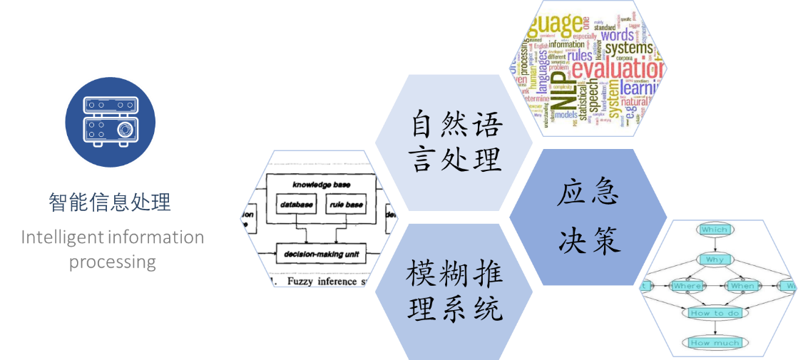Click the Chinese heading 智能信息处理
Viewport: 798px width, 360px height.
pos(110,202)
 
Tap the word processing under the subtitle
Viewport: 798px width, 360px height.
pos(113,262)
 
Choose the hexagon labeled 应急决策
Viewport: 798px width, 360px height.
pos(588,217)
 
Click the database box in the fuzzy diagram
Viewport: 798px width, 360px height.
pos(296,205)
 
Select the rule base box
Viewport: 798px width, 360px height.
pos(346,205)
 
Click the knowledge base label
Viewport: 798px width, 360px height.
pos(321,185)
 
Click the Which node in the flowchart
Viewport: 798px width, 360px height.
pos(714,230)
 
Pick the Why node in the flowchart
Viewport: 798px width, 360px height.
pos(714,259)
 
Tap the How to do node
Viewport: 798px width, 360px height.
pos(716,313)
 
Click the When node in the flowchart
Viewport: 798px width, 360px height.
pos(742,286)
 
